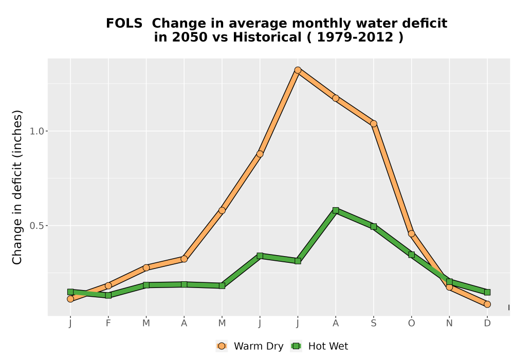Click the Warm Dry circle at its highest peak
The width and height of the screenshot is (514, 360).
pos(298,70)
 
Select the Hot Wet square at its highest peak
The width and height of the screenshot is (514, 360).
pos(336,210)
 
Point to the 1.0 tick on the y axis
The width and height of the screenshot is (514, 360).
pos(36,131)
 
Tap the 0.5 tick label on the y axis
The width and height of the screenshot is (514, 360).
pos(36,226)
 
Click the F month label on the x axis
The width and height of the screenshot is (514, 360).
pos(108,323)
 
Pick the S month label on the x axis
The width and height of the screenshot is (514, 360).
pos(373,323)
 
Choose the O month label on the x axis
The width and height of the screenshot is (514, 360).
pos(411,323)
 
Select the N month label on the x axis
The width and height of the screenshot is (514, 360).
pos(449,323)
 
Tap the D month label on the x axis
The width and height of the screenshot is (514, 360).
pos(487,323)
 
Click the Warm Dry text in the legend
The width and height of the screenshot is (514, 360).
pos(259,346)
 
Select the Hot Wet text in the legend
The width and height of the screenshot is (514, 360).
pos(328,346)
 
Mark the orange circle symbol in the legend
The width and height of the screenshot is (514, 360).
pos(222,346)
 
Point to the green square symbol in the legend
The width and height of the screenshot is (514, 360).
pos(297,346)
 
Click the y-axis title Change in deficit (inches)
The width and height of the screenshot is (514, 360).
pos(17,187)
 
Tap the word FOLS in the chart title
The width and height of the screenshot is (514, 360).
pos(124,24)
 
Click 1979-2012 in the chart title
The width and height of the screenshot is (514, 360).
pos(355,37)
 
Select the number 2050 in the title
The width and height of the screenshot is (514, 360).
pos(190,37)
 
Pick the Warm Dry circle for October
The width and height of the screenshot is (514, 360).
pos(411,234)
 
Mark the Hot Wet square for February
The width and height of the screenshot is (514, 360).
pos(108,295)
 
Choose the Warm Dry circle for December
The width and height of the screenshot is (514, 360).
pos(487,304)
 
